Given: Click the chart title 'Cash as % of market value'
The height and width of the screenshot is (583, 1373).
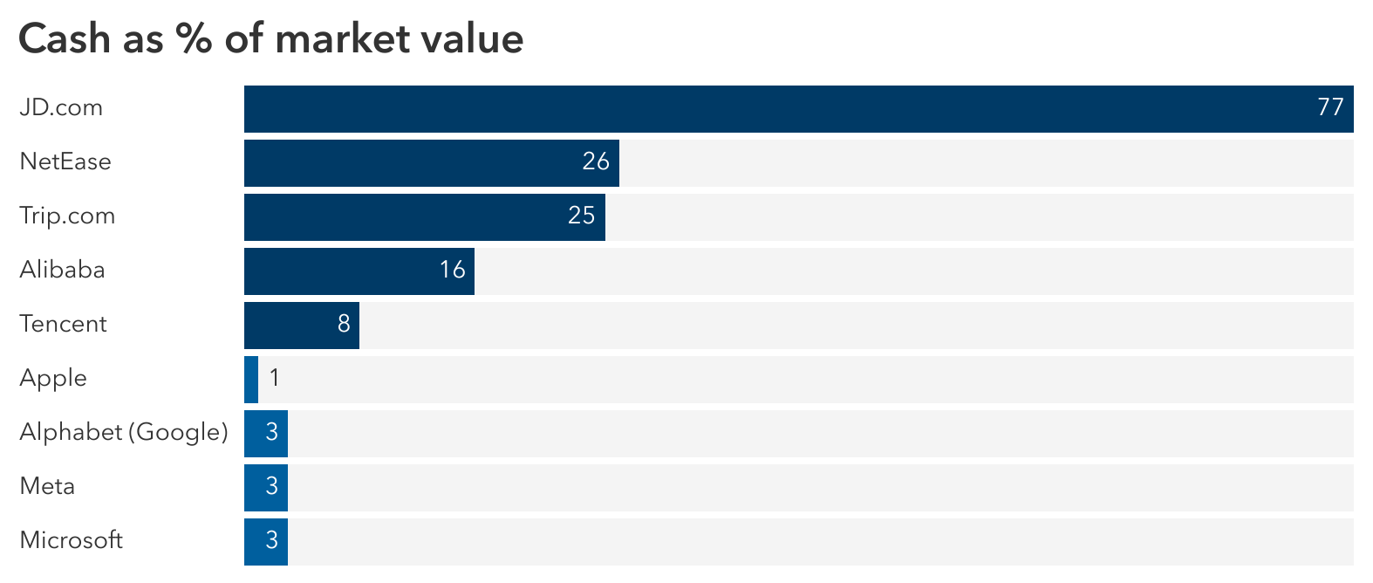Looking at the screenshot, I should (x=270, y=39).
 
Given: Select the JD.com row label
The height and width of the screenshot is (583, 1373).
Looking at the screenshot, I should (x=61, y=108).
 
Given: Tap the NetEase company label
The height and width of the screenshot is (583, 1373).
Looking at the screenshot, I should (x=65, y=162).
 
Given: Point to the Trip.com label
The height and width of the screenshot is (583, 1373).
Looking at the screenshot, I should (x=67, y=216).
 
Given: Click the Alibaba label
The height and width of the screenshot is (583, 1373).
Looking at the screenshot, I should (x=62, y=270).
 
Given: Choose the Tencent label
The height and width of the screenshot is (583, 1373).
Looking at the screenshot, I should (x=63, y=324).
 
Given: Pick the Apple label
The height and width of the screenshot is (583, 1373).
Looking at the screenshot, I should (x=53, y=379).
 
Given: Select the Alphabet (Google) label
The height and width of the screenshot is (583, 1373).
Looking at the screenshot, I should (x=123, y=433).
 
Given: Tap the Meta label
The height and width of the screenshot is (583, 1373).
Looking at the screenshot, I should (x=47, y=486).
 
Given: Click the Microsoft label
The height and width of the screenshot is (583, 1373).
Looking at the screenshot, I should (x=71, y=540).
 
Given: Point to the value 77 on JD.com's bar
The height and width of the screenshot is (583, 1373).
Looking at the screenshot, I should (x=1330, y=107).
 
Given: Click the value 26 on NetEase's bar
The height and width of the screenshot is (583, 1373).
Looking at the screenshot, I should (x=596, y=161).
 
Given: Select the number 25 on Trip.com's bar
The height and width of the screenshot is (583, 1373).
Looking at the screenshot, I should (x=581, y=216).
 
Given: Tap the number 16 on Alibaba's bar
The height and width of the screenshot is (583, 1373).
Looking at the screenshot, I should (x=452, y=270).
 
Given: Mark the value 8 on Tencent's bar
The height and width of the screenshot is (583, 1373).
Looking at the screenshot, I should (x=344, y=324).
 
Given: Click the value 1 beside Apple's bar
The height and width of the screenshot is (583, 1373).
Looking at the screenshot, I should (x=275, y=378).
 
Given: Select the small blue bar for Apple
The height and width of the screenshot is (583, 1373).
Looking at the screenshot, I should (x=251, y=379).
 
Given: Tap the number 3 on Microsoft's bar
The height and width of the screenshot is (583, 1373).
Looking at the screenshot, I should (x=271, y=540).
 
